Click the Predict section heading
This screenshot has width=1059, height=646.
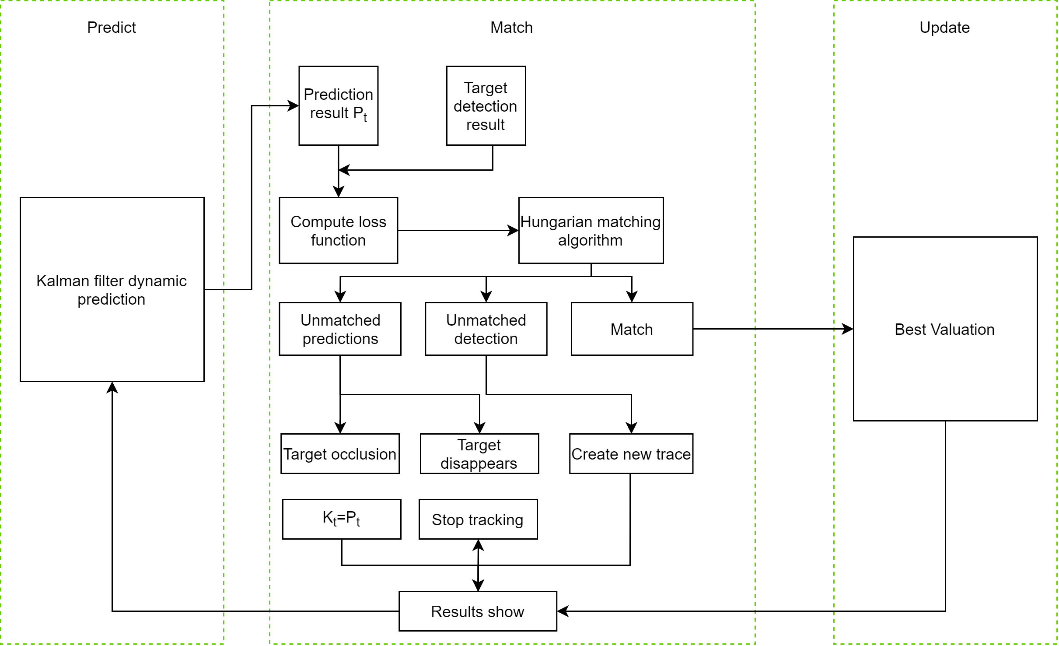coord(112,28)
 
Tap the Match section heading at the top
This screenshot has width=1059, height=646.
coord(511,28)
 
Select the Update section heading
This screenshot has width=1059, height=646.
coord(944,28)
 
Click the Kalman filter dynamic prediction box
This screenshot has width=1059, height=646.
coord(112,289)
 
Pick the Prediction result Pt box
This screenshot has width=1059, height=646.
coord(338,105)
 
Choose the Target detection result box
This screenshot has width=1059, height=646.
coord(486,105)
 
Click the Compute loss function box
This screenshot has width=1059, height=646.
coord(338,230)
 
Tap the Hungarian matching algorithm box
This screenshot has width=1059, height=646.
coord(591,230)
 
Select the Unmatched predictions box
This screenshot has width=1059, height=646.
coord(340,329)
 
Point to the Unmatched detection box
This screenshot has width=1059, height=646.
coord(486,329)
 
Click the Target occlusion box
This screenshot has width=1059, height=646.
coord(340,453)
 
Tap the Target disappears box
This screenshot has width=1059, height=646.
coord(479,453)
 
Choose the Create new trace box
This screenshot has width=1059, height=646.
coord(631,453)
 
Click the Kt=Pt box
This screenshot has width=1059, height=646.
coord(341,519)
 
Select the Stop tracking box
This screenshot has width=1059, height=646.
coord(478,519)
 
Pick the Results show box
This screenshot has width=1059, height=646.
coord(478,611)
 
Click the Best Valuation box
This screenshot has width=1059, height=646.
coord(945,329)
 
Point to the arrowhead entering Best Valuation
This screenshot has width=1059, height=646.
coord(848,329)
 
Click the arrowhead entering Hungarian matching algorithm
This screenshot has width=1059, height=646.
coord(513,230)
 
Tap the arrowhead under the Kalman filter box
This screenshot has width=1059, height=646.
coord(112,387)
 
